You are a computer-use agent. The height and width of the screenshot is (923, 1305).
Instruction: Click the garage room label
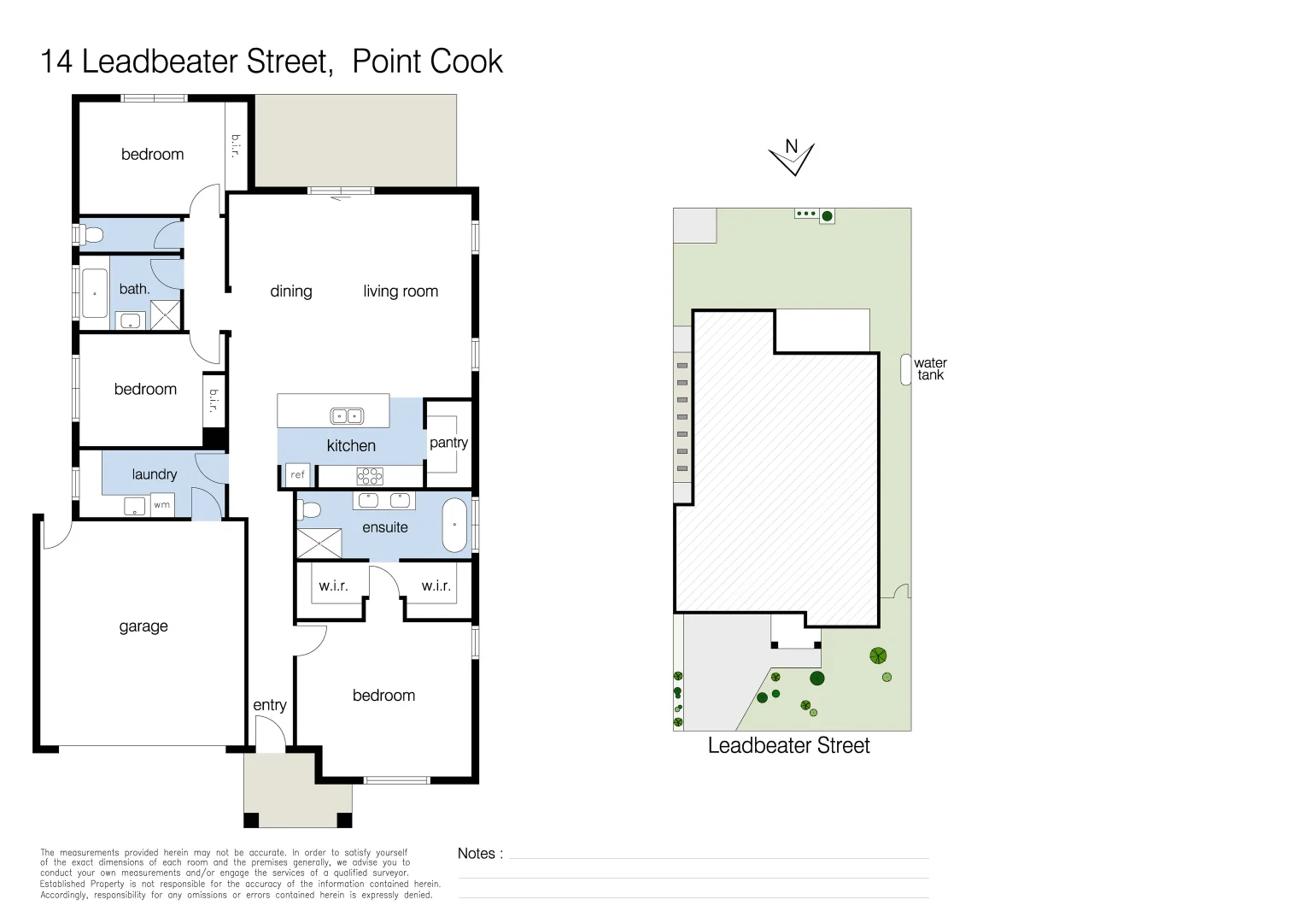pyautogui.click(x=143, y=626)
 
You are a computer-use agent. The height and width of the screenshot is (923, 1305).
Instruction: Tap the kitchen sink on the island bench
pyautogui.click(x=347, y=416)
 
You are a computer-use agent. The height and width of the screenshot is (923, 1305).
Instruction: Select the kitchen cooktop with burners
pyautogui.click(x=370, y=476)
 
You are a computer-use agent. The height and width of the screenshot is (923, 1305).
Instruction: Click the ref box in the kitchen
pyautogui.click(x=297, y=475)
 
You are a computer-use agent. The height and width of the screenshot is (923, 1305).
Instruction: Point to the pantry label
pyautogui.click(x=448, y=443)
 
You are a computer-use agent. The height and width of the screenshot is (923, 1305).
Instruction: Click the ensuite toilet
pyautogui.click(x=309, y=510)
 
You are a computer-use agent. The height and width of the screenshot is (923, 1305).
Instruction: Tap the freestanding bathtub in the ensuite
pyautogui.click(x=454, y=525)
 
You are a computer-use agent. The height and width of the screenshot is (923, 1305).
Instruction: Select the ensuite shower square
pyautogui.click(x=319, y=544)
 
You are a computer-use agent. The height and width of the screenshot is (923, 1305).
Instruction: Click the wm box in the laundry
pyautogui.click(x=161, y=505)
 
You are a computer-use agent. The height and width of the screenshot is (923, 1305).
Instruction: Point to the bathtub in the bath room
pyautogui.click(x=94, y=293)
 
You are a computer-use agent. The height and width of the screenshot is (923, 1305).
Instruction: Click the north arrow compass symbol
pyautogui.click(x=792, y=157)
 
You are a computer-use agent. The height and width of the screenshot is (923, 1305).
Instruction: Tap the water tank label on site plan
pyautogui.click(x=930, y=369)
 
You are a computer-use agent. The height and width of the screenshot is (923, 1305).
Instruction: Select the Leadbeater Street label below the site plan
pyautogui.click(x=788, y=746)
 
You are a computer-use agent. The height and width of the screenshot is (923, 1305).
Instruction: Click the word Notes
pyautogui.click(x=477, y=854)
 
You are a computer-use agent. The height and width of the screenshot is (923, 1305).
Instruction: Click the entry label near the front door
pyautogui.click(x=270, y=705)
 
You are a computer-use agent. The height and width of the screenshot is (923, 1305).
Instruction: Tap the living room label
pyautogui.click(x=401, y=291)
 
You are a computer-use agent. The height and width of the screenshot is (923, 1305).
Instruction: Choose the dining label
pyautogui.click(x=291, y=291)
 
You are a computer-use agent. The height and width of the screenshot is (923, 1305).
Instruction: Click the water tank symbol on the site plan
pyautogui.click(x=906, y=369)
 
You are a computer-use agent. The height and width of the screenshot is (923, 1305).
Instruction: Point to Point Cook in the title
pyautogui.click(x=427, y=62)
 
